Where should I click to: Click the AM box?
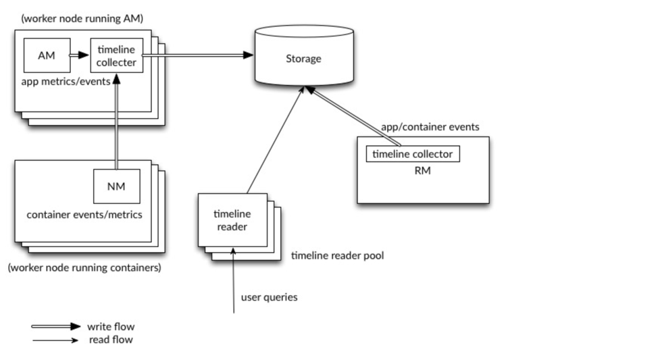pyautogui.click(x=46, y=55)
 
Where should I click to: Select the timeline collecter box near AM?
pyautogui.click(x=117, y=56)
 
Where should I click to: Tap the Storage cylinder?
pyautogui.click(x=303, y=58)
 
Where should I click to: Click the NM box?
pyautogui.click(x=117, y=185)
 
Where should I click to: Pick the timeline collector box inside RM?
pyautogui.click(x=413, y=154)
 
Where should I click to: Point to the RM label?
pyautogui.click(x=422, y=171)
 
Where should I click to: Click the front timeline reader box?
pyautogui.click(x=232, y=220)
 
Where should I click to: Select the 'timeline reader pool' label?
pyautogui.click(x=337, y=256)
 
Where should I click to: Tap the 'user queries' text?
pyautogui.click(x=269, y=297)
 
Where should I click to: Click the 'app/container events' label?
pyautogui.click(x=430, y=126)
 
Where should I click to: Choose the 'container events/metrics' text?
pyautogui.click(x=84, y=215)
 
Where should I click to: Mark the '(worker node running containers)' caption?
pyautogui.click(x=84, y=267)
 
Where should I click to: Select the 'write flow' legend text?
pyautogui.click(x=111, y=327)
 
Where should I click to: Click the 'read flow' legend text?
pyautogui.click(x=111, y=340)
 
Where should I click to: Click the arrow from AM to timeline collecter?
pyautogui.click(x=80, y=56)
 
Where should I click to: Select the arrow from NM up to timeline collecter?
pyautogui.click(x=117, y=122)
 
